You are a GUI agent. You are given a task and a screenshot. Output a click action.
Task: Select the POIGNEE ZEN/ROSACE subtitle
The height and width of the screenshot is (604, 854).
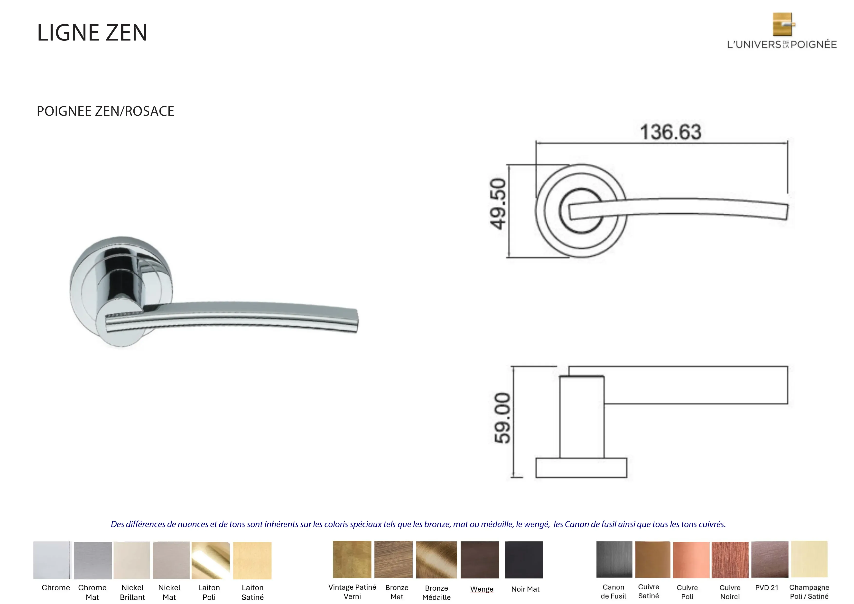coord(105,111)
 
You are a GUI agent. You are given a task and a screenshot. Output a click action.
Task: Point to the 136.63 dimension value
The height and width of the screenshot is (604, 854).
coord(671,132)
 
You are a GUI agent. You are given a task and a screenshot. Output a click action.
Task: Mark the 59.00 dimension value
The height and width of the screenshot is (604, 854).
coord(502,418)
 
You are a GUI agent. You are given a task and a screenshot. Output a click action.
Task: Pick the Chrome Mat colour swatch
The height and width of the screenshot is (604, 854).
coord(93,560)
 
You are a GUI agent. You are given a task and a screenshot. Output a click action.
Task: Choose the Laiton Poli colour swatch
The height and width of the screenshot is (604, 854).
coord(211,560)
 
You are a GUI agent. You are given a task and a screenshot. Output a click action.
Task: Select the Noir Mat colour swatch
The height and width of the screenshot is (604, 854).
coord(524,560)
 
